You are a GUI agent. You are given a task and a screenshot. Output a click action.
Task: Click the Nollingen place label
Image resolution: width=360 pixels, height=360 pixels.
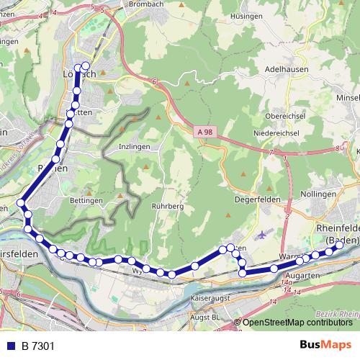[316, 194]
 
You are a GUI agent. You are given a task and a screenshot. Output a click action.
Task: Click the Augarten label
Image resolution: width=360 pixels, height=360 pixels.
[302, 276]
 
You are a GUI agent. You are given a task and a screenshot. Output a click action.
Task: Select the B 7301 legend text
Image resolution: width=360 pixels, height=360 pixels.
[37, 346]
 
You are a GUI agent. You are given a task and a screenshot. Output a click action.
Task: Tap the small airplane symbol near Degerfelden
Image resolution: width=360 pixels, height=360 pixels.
[260, 234]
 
